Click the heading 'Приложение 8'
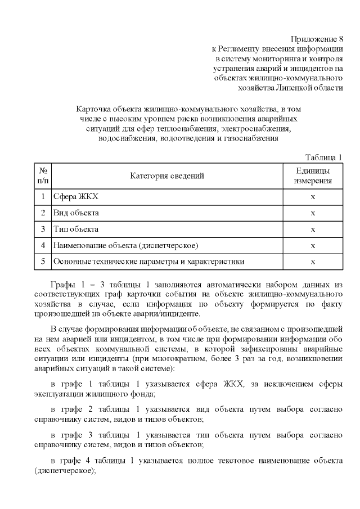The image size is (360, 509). (x=317, y=39)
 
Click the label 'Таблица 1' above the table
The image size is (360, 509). (x=324, y=156)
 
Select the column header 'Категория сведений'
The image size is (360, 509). (x=167, y=176)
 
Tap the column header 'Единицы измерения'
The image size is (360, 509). (x=313, y=176)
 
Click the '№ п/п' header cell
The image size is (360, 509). (x=43, y=176)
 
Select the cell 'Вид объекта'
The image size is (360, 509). (x=76, y=213)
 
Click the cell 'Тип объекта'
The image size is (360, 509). (x=76, y=229)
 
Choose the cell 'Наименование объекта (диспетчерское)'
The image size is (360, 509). (x=125, y=246)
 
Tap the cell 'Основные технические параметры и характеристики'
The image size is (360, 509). (x=148, y=262)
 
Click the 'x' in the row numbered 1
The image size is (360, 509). (x=313, y=197)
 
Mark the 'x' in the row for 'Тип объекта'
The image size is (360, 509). (x=313, y=229)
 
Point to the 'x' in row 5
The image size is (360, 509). (x=313, y=262)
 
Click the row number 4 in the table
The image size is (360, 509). (x=43, y=246)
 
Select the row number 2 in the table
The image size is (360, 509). (x=43, y=213)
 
